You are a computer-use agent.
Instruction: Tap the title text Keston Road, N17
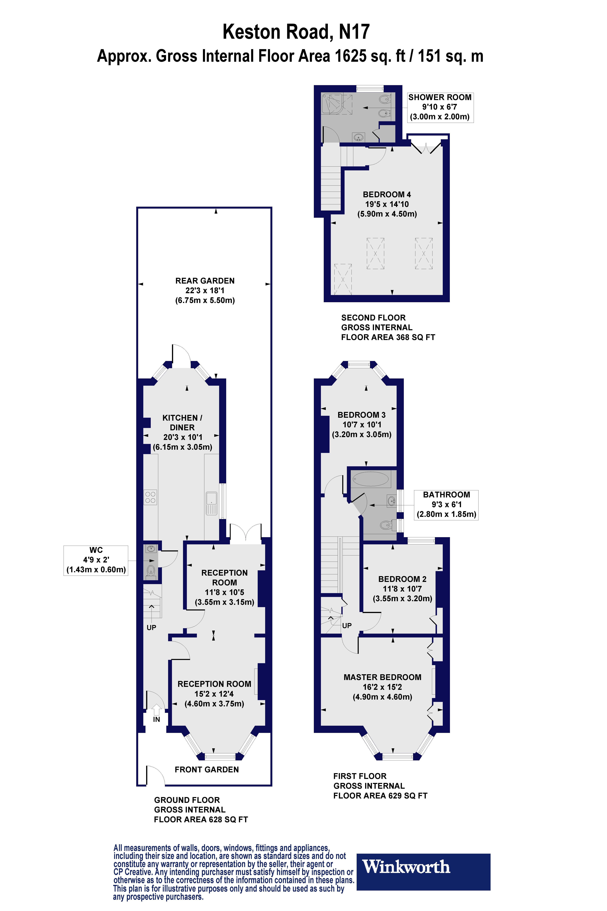tap(296, 32)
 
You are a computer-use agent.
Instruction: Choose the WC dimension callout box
tap(96, 560)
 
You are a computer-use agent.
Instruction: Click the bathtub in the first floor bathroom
tap(371, 479)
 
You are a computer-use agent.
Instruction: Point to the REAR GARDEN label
tap(205, 281)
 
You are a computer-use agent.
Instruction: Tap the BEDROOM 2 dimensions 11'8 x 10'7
tap(402, 589)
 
